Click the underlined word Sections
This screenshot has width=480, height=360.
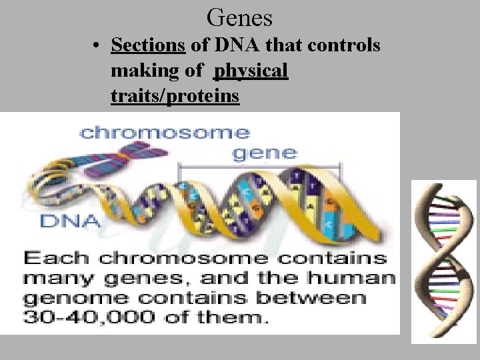pos(148,45)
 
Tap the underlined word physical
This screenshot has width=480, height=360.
pos(251,71)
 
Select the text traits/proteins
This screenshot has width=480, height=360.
pos(175,96)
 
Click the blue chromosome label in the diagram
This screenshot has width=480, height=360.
pos(165,133)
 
